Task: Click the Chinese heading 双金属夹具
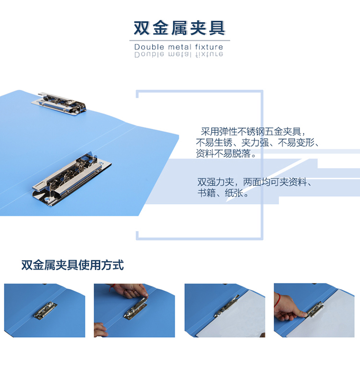[180, 28]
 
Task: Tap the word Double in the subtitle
[149, 47]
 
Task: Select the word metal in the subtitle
[180, 47]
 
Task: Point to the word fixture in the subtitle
[209, 47]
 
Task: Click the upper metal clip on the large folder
[59, 103]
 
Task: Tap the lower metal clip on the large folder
[72, 179]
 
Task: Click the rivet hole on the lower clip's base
[48, 200]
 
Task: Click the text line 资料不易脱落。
[226, 153]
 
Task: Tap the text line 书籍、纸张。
[223, 193]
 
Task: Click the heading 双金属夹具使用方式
[72, 265]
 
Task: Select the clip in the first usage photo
[46, 310]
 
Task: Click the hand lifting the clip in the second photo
[130, 291]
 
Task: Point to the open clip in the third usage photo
[227, 306]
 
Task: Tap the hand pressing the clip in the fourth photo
[288, 307]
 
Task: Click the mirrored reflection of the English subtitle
[179, 55]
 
